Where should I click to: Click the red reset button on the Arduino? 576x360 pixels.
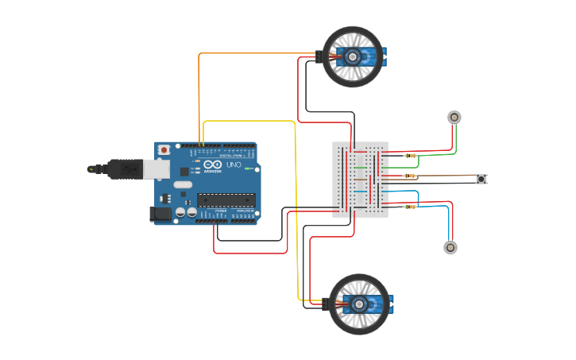click(164, 149)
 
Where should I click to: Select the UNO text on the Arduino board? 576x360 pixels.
click(234, 165)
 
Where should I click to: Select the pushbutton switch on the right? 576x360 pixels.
click(481, 179)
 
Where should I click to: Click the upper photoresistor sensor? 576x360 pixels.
click(454, 118)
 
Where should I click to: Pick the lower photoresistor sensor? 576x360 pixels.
click(450, 247)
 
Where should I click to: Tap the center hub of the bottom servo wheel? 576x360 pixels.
click(359, 304)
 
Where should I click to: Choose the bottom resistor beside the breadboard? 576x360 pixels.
click(410, 207)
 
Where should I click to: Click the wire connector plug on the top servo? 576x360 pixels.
click(319, 57)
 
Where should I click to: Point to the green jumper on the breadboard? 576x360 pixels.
click(361, 167)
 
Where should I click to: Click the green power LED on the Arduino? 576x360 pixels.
click(248, 168)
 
